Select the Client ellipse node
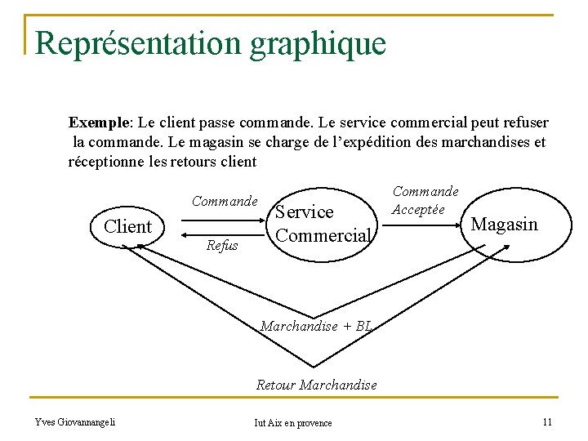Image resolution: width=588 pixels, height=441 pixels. (127, 226)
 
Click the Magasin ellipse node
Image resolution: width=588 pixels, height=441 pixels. (504, 224)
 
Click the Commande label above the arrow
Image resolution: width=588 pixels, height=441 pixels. (225, 201)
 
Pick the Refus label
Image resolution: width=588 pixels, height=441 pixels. (222, 245)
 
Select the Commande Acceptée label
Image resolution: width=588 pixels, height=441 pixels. (425, 200)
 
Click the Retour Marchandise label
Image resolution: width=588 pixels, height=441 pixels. (316, 384)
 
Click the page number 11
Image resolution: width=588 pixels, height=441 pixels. (547, 421)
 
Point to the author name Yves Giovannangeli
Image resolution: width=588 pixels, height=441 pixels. (75, 421)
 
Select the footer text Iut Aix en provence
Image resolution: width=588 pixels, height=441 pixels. (293, 422)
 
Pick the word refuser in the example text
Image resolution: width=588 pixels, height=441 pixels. (523, 122)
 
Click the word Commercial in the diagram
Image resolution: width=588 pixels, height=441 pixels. (323, 235)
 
